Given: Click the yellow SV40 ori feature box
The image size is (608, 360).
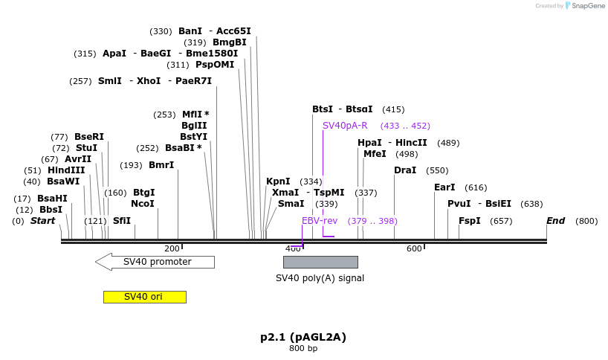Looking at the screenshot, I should coord(144,297).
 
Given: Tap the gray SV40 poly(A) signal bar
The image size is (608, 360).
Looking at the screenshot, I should coord(320,262).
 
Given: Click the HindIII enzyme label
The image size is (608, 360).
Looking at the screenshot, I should coord(66,170).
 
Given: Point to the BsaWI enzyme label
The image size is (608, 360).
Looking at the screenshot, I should coord(63,181).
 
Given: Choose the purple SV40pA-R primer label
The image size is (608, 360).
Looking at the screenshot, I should coord(345,126).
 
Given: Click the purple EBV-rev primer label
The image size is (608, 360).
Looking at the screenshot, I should coord(320,221).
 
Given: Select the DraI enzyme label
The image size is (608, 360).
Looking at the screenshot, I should coord(405,170).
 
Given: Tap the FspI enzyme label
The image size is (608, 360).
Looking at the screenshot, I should coord(470,221).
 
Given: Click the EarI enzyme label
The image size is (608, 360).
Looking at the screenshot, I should coord(444,187).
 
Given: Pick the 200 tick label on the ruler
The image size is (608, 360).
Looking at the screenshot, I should coord(172,248).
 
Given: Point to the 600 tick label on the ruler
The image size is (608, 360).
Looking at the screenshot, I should coord(414,248).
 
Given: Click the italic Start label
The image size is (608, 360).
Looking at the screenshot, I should coord(42,221).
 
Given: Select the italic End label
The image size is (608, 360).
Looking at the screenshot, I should coord(556,221).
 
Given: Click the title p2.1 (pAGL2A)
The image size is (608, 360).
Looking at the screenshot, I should coord(303,337).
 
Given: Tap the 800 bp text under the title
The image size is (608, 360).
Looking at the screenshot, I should coord(303,349).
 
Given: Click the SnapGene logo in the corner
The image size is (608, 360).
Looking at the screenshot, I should coord(583,6).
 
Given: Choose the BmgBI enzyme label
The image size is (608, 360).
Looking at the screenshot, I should coord(230,42).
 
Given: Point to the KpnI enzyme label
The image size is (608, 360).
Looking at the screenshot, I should coord(278,181).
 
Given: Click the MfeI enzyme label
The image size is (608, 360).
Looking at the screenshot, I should coord(375,154).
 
